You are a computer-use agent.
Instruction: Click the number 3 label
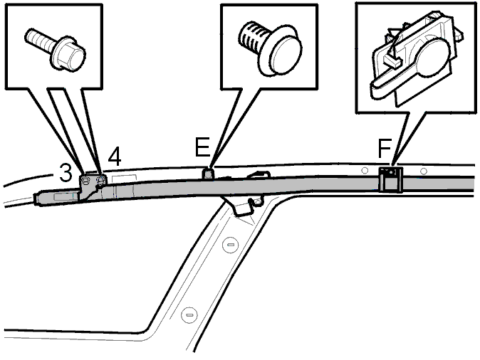(66, 172)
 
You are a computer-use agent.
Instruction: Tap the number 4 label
(115, 157)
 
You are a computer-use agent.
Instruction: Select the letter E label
(202, 147)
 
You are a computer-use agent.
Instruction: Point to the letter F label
(385, 149)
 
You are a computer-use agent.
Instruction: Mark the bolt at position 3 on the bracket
(86, 180)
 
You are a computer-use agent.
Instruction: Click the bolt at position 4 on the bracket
(100, 180)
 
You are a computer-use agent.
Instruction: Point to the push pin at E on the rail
(207, 173)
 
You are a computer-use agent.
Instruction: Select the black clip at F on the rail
(390, 179)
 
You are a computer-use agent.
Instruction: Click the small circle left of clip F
(365, 170)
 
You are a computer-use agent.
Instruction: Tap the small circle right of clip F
(423, 171)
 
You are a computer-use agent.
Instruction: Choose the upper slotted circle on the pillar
(230, 244)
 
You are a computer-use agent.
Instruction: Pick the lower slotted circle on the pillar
(189, 314)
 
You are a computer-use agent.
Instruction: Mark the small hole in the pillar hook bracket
(258, 201)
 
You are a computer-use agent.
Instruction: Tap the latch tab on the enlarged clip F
(392, 61)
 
